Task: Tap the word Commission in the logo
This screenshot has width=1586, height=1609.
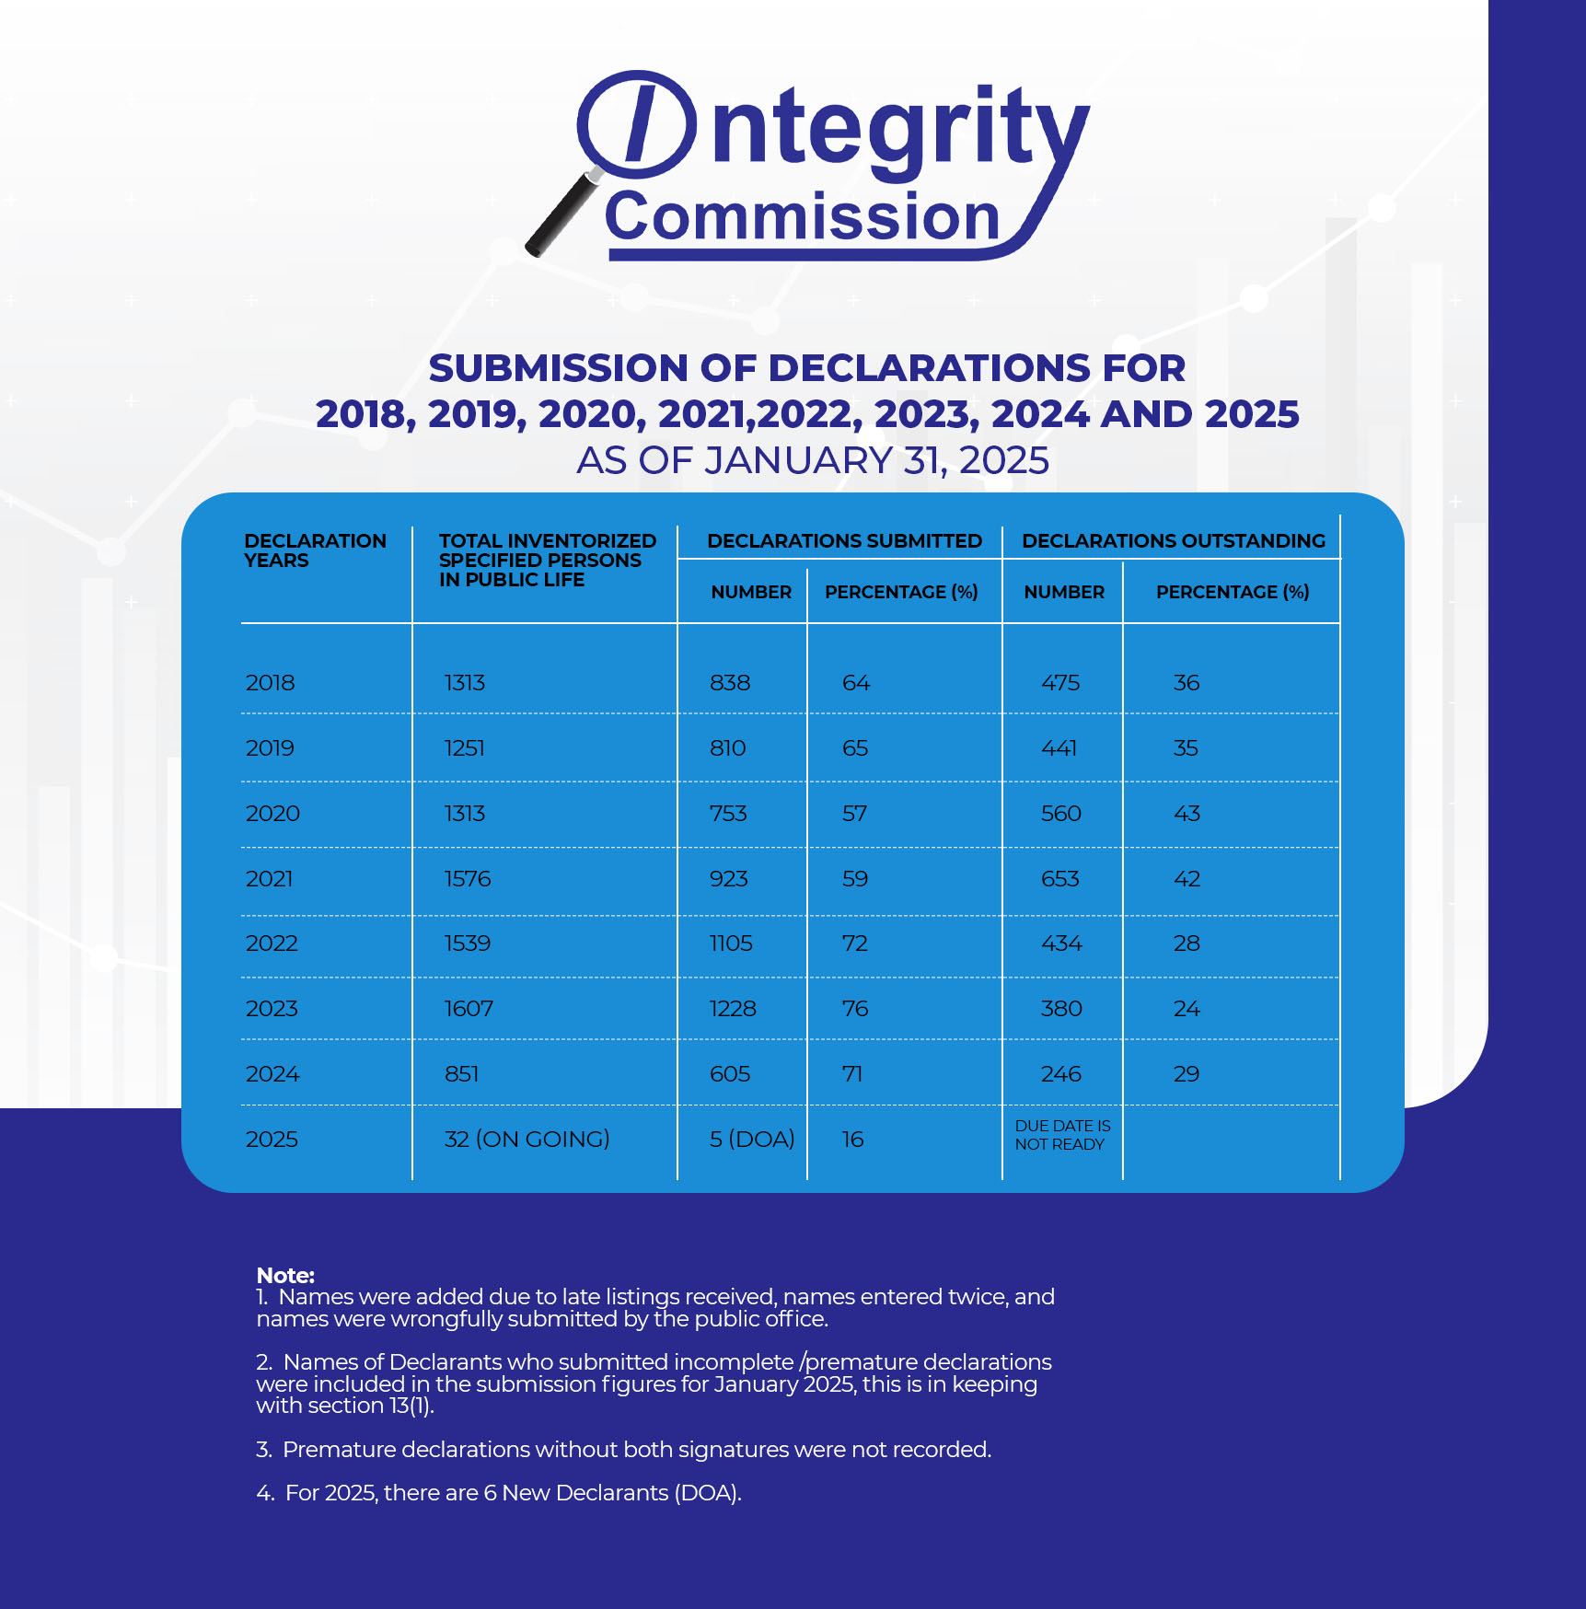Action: (803, 216)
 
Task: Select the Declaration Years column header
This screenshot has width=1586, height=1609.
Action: (315, 550)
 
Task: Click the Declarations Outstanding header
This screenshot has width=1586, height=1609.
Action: (1174, 541)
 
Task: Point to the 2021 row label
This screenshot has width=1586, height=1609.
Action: (269, 879)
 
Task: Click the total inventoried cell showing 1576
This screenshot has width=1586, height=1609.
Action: (468, 879)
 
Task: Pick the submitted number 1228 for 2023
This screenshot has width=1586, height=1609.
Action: (733, 1009)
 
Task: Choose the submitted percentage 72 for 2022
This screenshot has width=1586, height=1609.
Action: (855, 943)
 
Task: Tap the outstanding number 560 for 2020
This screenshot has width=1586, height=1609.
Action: (1061, 814)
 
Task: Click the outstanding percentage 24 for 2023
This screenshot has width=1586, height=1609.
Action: (1187, 1009)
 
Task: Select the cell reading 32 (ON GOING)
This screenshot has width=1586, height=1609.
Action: (527, 1140)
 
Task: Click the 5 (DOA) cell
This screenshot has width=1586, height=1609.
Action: (752, 1140)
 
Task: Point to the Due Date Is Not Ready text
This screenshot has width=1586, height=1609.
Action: (1062, 1135)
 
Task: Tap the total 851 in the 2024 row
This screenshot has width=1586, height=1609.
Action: (461, 1074)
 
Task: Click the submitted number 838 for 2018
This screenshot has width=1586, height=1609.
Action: (730, 683)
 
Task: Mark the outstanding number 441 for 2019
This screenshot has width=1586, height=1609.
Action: (1059, 748)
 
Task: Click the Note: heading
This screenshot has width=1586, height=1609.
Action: (285, 1276)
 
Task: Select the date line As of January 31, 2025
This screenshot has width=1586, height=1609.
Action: (813, 460)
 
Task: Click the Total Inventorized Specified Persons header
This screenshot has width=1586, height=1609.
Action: (548, 561)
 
